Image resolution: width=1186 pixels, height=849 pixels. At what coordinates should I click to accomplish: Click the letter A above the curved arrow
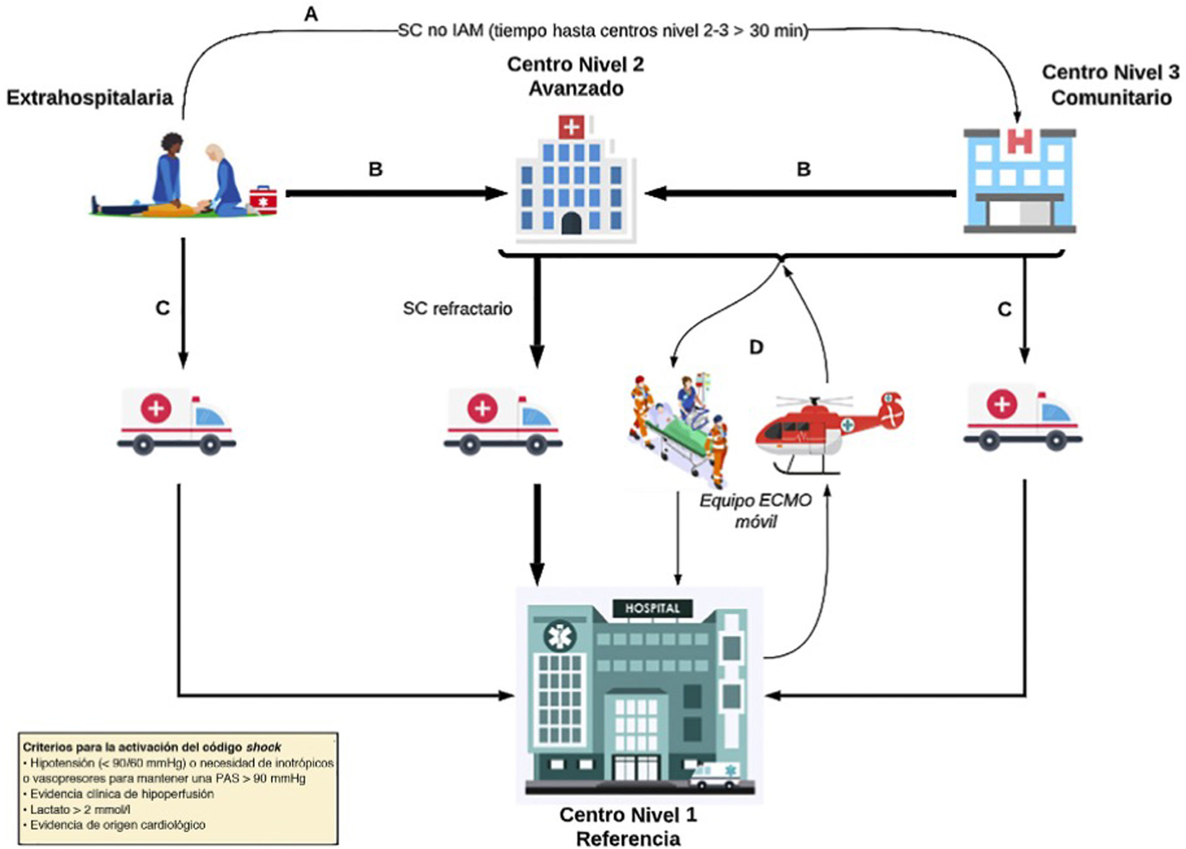[311, 14]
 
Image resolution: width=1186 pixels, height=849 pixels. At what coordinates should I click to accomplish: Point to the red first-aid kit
[263, 200]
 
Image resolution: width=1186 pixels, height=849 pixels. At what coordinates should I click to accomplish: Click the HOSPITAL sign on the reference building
[652, 608]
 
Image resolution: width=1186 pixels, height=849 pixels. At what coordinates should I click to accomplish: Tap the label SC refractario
[457, 309]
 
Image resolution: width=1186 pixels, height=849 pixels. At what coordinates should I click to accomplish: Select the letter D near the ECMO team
[756, 347]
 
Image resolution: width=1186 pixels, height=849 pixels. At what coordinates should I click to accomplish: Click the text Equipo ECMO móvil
[755, 511]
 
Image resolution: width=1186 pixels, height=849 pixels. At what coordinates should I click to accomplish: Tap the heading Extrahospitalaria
[89, 98]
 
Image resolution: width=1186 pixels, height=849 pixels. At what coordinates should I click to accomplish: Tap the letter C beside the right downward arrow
[1004, 310]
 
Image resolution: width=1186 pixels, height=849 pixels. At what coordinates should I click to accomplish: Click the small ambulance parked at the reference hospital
[715, 775]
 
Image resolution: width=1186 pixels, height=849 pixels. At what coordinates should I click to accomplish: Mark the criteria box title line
[152, 747]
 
